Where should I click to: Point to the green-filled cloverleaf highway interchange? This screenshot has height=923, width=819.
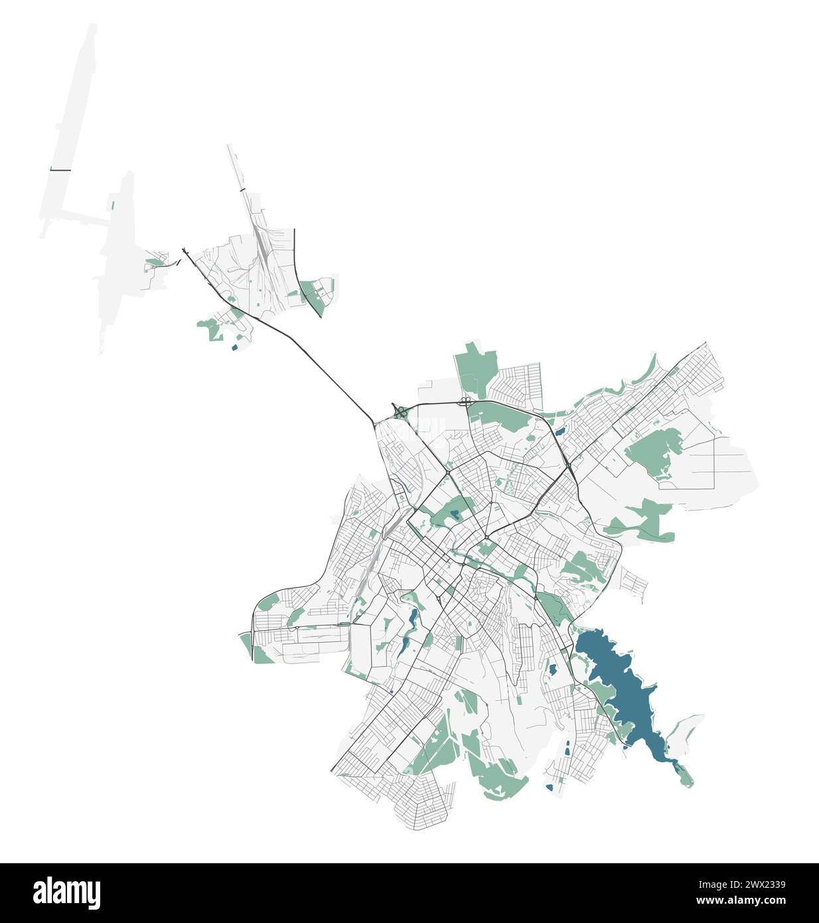pyautogui.click(x=400, y=412)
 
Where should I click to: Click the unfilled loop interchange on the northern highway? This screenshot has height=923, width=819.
pyautogui.click(x=465, y=401)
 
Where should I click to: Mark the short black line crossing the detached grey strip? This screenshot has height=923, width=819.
pyautogui.click(x=60, y=171)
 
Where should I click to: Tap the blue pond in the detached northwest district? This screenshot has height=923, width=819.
pyautogui.click(x=234, y=346)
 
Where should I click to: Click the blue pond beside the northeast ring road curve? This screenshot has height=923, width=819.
pyautogui.click(x=561, y=432)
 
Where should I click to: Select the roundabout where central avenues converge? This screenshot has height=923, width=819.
pyautogui.click(x=486, y=537)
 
